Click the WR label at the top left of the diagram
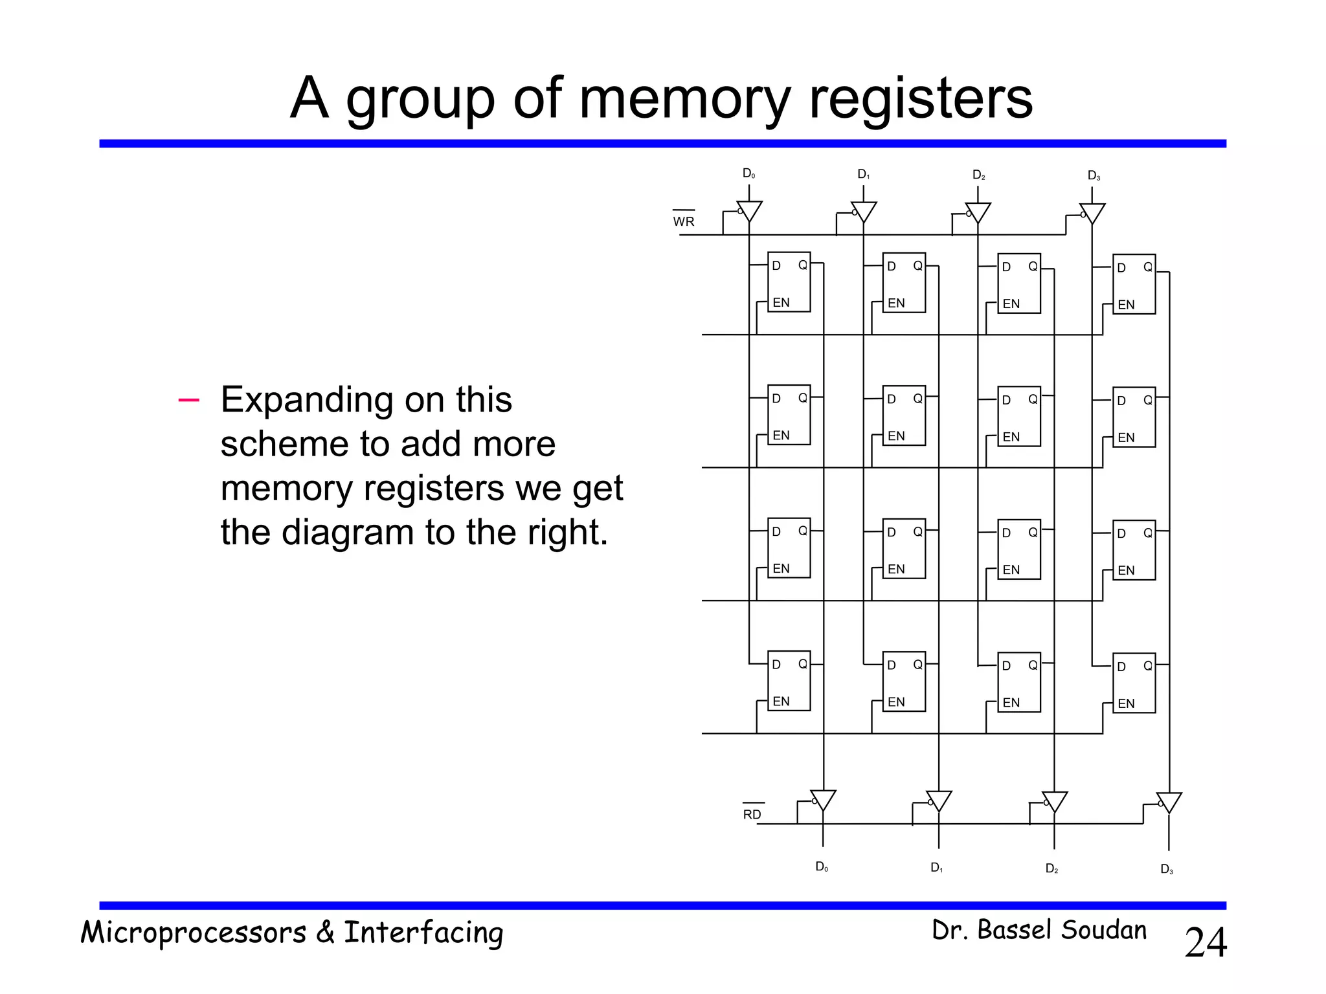pos(683,221)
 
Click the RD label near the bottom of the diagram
pos(752,814)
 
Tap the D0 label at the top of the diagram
pos(748,173)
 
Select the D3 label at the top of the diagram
pos(1094,175)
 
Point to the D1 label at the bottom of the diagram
pos(936,867)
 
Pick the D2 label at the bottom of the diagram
pos(1051,868)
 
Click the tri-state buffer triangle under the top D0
pos(749,210)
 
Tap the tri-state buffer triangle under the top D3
pos(1092,212)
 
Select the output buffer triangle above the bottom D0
pos(823,799)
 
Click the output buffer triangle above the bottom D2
pos(1054,801)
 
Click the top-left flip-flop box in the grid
pos(789,282)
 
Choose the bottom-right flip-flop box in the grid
pos(1134,683)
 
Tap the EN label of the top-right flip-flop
pos(1126,305)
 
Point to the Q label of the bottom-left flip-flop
pos(802,664)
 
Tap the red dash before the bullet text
pos(188,400)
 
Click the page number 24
pos(1205,942)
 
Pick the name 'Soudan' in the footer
pos(1103,930)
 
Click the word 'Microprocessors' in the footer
pos(193,933)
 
